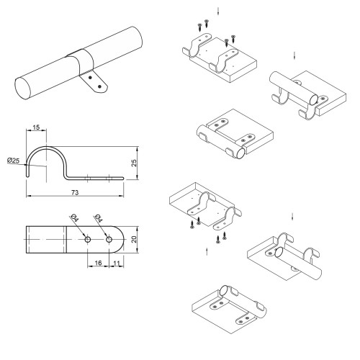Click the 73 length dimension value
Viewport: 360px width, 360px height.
[x=75, y=192]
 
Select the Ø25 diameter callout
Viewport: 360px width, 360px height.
[x=13, y=161]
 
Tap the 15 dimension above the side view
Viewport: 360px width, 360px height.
[x=36, y=127]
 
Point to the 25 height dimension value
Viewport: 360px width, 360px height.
[x=134, y=163]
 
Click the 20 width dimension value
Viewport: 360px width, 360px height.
[x=134, y=239]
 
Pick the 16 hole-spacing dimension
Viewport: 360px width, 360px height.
[x=98, y=263]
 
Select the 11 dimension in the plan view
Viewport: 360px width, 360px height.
[x=117, y=263]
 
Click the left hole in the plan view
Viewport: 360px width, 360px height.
[x=88, y=239]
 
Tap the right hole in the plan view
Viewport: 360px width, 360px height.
[x=109, y=239]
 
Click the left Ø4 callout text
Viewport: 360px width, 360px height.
[x=75, y=218]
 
